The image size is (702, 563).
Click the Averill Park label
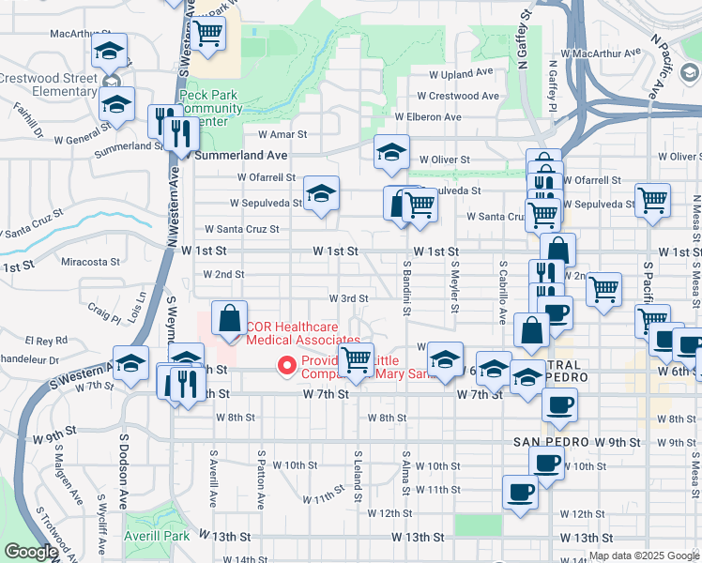[157, 537]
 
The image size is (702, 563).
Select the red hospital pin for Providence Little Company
[284, 365]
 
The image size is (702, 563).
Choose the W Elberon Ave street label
[428, 117]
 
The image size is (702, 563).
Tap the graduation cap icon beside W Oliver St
[391, 152]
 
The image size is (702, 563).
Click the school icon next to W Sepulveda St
[321, 195]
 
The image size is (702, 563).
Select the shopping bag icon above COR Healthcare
[230, 318]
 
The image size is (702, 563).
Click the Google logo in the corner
[31, 552]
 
